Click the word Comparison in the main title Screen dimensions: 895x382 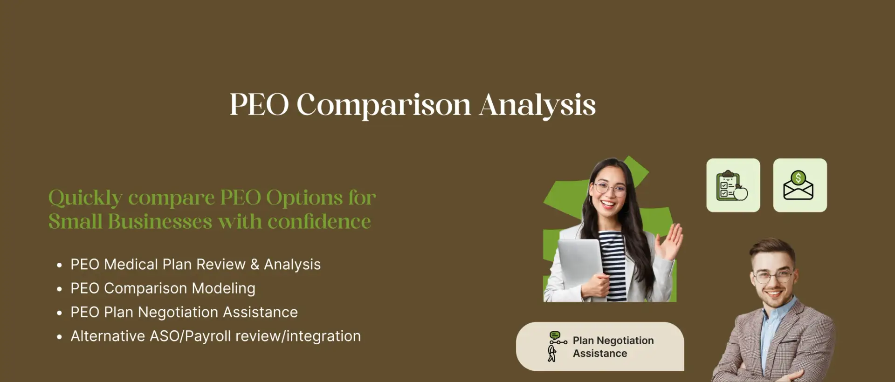tap(384, 105)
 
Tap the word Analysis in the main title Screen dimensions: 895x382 tap(537, 105)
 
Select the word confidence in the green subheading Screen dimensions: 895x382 tap(319, 221)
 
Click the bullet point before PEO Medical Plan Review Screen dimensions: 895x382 tap(59, 265)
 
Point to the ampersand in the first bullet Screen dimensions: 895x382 tap(255, 265)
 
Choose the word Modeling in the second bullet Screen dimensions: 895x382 tap(224, 289)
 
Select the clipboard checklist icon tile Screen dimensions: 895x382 tap(733, 185)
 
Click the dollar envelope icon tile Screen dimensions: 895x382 tap(800, 185)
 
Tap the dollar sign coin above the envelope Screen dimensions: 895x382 tap(799, 177)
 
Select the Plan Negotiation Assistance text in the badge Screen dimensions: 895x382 tap(613, 347)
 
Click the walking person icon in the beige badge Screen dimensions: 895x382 tap(552, 354)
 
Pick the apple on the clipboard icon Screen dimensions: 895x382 tap(740, 192)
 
